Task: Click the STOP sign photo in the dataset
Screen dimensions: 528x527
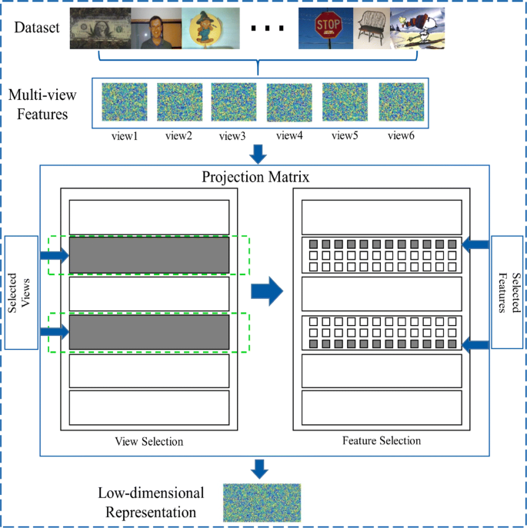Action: click(x=326, y=30)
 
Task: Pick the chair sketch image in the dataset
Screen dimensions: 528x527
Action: click(x=374, y=30)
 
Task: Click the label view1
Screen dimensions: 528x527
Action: click(x=123, y=136)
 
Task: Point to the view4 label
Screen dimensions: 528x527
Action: click(x=289, y=136)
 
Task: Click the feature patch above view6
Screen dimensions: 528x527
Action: click(x=401, y=102)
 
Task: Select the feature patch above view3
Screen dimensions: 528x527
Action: click(x=234, y=102)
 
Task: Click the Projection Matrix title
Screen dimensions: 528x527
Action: click(x=255, y=178)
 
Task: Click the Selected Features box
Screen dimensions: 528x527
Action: click(x=505, y=291)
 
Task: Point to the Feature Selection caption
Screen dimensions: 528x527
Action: click(x=382, y=441)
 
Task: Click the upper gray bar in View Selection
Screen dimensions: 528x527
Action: click(x=149, y=255)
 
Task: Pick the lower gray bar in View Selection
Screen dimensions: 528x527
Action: click(x=149, y=332)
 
